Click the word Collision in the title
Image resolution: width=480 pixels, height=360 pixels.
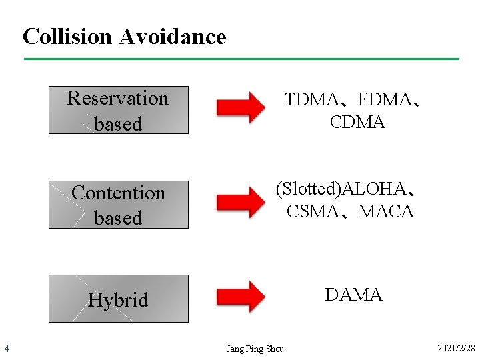tap(68, 36)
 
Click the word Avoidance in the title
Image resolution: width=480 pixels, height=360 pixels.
tap(173, 36)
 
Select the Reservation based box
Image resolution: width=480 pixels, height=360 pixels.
tap(119, 110)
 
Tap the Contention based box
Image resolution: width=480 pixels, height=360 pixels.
tap(119, 205)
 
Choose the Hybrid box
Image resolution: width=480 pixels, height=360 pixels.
tap(119, 299)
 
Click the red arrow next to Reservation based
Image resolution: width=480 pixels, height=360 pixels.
tap(241, 107)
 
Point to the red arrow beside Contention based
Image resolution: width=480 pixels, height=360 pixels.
tap(241, 202)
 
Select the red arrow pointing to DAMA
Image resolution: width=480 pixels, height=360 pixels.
tap(241, 297)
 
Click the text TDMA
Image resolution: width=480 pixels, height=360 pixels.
tap(311, 100)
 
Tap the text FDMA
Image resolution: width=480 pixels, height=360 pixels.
tap(385, 100)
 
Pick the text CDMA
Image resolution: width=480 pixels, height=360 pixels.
tap(357, 123)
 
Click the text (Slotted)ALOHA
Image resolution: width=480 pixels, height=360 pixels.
tap(341, 189)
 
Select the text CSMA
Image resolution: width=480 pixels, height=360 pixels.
tap(312, 212)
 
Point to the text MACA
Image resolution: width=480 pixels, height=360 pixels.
tap(386, 212)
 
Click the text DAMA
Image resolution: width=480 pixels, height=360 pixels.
tap(353, 295)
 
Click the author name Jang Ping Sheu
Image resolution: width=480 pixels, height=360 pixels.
tap(255, 349)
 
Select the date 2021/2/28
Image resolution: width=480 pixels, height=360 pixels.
tap(456, 349)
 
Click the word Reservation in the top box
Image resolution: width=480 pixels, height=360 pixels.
tap(118, 99)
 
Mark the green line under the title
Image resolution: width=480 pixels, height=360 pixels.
tap(241, 59)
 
